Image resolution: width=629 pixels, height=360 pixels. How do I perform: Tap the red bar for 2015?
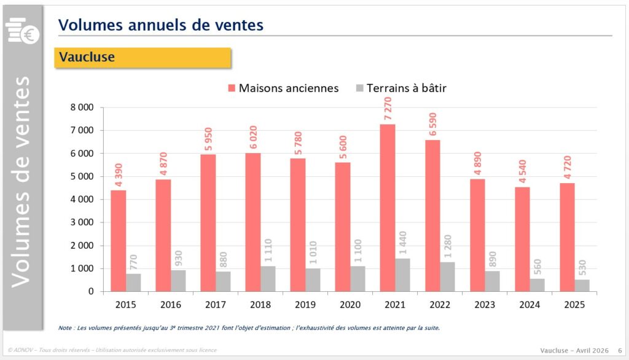[118, 241]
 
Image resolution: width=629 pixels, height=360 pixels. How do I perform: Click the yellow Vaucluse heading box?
[143, 57]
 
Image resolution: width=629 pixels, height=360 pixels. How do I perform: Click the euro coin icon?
[29, 36]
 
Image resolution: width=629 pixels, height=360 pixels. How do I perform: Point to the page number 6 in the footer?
[619, 350]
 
